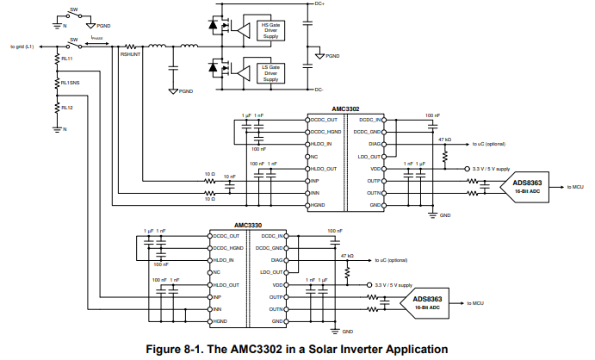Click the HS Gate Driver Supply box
click(270, 31)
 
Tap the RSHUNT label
click(132, 54)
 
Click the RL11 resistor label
click(67, 59)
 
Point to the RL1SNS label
click(70, 84)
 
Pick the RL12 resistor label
click(67, 108)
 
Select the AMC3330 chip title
click(248, 226)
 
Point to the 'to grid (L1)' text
click(22, 46)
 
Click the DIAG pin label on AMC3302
click(373, 144)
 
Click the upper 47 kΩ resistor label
click(444, 138)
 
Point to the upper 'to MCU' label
click(574, 186)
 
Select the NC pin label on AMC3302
click(316, 157)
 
